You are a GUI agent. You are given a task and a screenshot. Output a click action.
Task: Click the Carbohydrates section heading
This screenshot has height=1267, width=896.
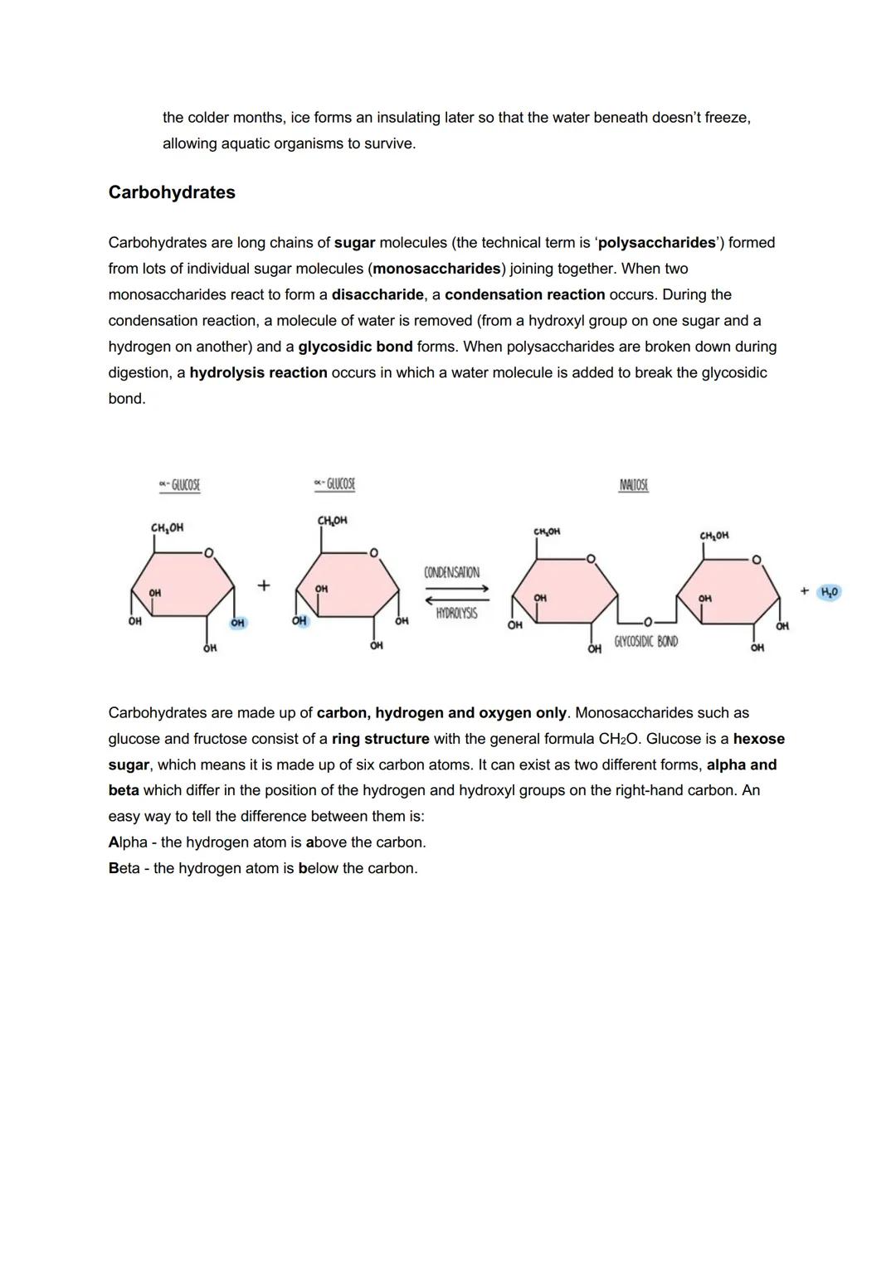tap(172, 192)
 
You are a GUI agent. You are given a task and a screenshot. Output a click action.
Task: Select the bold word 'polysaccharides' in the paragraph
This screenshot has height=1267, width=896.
tap(656, 243)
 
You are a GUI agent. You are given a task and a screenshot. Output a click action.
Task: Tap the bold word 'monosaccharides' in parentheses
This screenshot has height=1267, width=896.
tap(437, 269)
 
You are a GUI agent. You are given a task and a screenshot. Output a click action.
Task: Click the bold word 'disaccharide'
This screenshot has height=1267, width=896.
tap(377, 294)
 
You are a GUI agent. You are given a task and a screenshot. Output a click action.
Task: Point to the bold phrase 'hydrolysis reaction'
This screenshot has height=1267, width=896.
tap(258, 372)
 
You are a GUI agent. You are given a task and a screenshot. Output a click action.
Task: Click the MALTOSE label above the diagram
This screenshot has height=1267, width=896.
tap(634, 485)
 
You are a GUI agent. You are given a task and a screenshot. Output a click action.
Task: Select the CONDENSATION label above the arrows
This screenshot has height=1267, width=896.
tap(451, 573)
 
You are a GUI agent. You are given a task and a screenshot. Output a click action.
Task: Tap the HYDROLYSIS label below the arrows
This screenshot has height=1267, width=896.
tap(455, 614)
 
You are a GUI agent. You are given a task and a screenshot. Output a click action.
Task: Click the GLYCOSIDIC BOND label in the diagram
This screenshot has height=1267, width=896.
tap(645, 642)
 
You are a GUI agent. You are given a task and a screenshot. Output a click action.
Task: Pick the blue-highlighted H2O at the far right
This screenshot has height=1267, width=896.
tap(829, 592)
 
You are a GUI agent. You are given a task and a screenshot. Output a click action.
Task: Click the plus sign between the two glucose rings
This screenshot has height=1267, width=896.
tap(263, 585)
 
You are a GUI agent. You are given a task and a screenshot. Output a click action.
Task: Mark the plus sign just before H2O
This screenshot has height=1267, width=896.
tap(804, 591)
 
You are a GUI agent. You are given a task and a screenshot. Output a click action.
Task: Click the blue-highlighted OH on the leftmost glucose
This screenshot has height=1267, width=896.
tap(237, 623)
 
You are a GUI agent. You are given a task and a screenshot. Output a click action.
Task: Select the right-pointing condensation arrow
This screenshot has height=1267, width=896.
tap(456, 589)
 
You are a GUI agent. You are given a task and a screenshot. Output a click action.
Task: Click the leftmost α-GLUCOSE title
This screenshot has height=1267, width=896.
tap(179, 485)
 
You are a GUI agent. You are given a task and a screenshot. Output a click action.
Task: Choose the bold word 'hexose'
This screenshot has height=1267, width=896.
tap(758, 739)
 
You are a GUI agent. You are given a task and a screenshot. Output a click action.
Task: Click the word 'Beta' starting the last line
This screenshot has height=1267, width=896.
tap(124, 868)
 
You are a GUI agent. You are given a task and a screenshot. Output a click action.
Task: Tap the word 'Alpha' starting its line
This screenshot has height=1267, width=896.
tap(128, 842)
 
